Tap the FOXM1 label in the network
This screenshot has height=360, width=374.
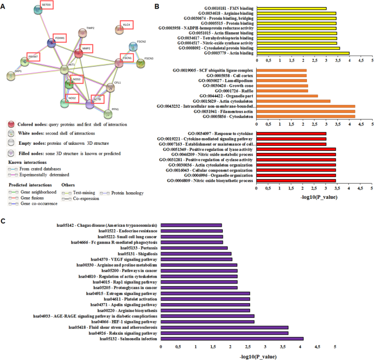60,38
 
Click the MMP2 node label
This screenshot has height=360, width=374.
86,49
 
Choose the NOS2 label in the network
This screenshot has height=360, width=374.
72,98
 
